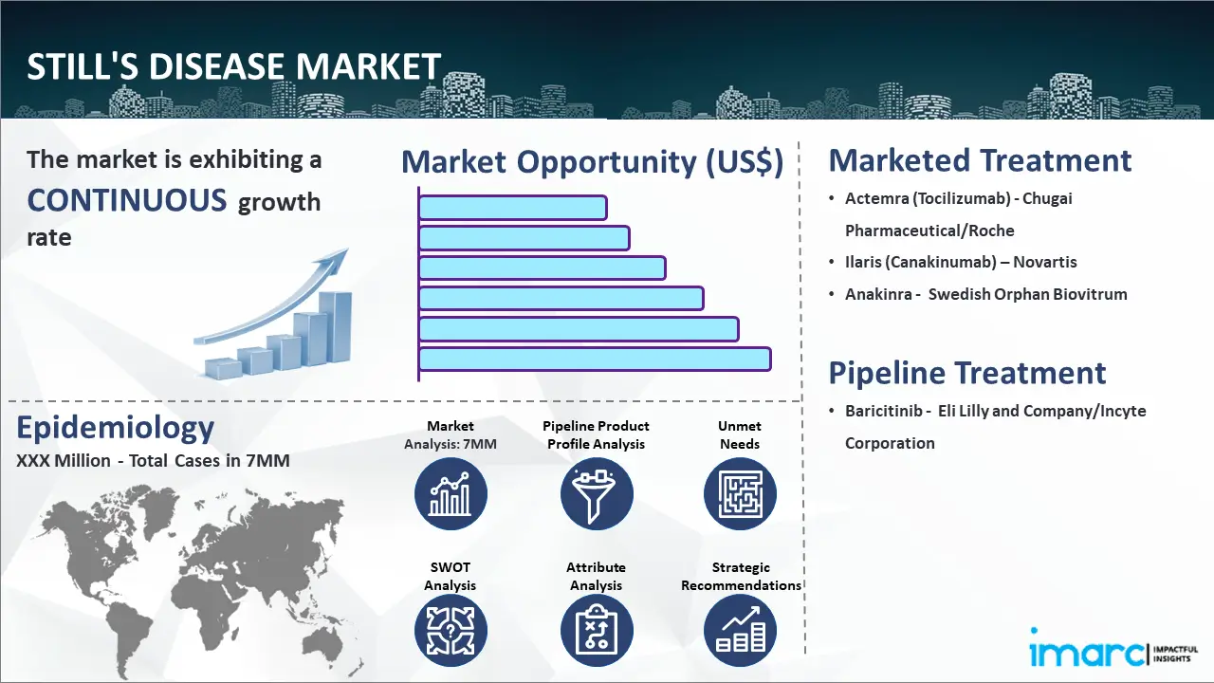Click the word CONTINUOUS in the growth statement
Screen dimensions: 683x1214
[x=126, y=200]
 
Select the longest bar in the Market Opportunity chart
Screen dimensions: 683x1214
[x=595, y=359]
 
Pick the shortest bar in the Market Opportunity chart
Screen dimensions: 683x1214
[x=512, y=207]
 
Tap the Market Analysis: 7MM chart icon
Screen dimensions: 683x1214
[x=451, y=494]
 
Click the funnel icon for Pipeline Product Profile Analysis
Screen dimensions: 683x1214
[x=596, y=494]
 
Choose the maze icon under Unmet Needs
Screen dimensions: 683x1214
[x=740, y=494]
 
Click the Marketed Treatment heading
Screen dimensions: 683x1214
[x=980, y=160]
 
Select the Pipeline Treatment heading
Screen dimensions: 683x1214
[x=967, y=373]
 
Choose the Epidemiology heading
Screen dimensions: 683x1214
[x=115, y=428]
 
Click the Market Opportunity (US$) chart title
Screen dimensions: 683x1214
[x=592, y=162]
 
